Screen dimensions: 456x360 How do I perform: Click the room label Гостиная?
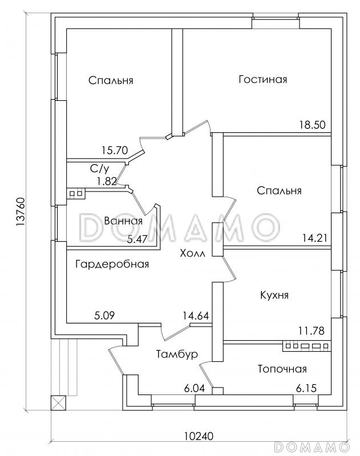pyautogui.click(x=262, y=80)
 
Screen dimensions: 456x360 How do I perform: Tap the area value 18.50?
pyautogui.click(x=313, y=126)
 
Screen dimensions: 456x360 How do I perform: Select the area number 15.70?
pyautogui.click(x=114, y=152)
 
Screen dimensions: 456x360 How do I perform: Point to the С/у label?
pyautogui.click(x=100, y=169)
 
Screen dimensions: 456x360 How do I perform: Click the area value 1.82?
pyautogui.click(x=107, y=181)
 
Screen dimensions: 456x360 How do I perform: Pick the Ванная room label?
pyautogui.click(x=123, y=221)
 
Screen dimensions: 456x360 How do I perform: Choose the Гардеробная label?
pyautogui.click(x=112, y=264)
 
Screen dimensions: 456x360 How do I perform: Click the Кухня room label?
pyautogui.click(x=274, y=295)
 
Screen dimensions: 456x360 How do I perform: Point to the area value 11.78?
pyautogui.click(x=312, y=330)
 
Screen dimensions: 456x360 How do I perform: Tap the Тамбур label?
pyautogui.click(x=176, y=354)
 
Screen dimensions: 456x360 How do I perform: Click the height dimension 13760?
pyautogui.click(x=21, y=214)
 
